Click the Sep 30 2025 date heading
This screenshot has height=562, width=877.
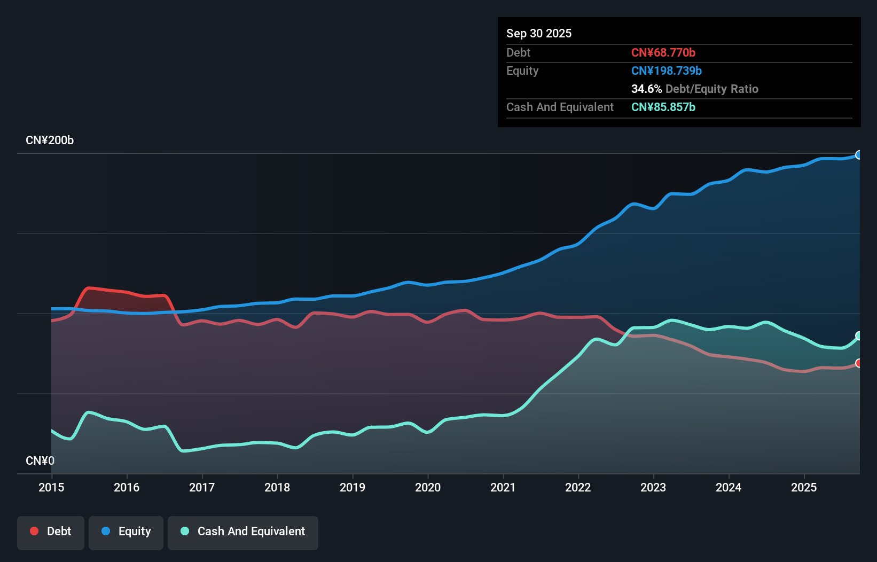coord(538,33)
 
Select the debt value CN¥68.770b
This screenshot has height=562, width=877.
coord(663,52)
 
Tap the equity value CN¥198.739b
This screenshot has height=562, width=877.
coord(666,71)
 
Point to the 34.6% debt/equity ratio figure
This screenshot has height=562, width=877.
coord(646,89)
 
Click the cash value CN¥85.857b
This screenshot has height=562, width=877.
coord(663,107)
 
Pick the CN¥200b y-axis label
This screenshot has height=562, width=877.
coord(50,140)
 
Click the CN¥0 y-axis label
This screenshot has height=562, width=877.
coord(40,460)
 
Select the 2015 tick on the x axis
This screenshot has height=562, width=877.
coord(51,487)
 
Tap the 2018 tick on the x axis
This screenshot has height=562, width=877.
coord(277,487)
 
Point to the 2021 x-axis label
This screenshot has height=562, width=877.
coord(503,487)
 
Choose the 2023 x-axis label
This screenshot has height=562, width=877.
coord(653,487)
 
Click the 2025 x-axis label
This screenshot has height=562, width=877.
coord(804,487)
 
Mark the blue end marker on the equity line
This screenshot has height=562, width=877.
coord(859,155)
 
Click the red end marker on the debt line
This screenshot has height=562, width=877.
coord(859,363)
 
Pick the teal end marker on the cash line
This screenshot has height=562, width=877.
coord(859,335)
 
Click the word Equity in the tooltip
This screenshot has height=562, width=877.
coord(522,71)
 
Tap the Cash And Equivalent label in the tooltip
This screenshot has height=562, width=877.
coord(560,107)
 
